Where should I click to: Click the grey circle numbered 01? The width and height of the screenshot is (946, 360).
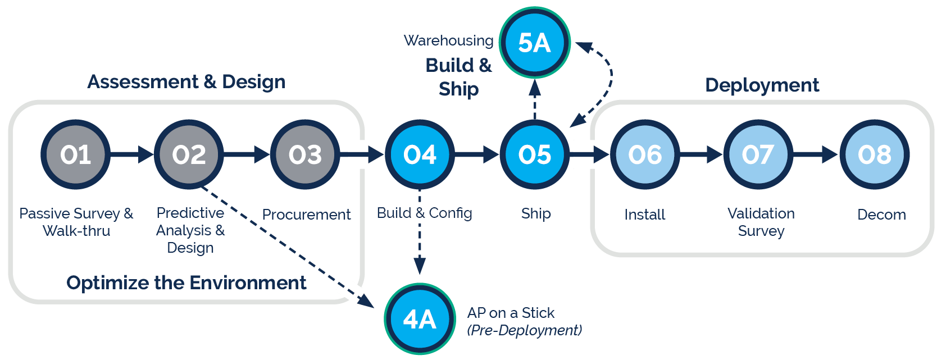[x=75, y=154]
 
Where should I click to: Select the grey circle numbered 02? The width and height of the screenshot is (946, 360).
[x=189, y=154]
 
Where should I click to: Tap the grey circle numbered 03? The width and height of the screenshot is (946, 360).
[x=305, y=154]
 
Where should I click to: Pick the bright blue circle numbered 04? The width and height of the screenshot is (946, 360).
[x=420, y=154]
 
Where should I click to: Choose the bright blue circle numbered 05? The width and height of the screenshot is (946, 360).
[x=534, y=154]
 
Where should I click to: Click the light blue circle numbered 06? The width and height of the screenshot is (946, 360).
[x=645, y=154]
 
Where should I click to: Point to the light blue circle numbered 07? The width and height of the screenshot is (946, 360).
[x=758, y=154]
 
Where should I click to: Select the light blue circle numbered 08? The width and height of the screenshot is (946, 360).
[x=874, y=154]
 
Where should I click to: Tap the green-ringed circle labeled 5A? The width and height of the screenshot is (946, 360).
[x=534, y=43]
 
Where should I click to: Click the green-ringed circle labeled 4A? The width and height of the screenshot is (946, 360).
[x=420, y=319]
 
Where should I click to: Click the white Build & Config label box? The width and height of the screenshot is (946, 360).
[x=424, y=213]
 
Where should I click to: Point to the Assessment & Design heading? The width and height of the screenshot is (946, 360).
[x=187, y=82]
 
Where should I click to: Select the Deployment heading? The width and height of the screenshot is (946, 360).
[x=762, y=85]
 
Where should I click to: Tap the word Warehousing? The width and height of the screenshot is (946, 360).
[x=448, y=40]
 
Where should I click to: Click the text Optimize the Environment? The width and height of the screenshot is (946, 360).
[x=187, y=282]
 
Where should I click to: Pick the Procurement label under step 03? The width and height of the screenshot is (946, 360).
[x=306, y=215]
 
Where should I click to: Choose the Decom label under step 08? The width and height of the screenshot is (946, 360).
[x=881, y=215]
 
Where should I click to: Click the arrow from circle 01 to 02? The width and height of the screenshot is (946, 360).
[x=131, y=154]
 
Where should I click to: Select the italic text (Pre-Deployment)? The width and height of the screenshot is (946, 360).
[x=524, y=330]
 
